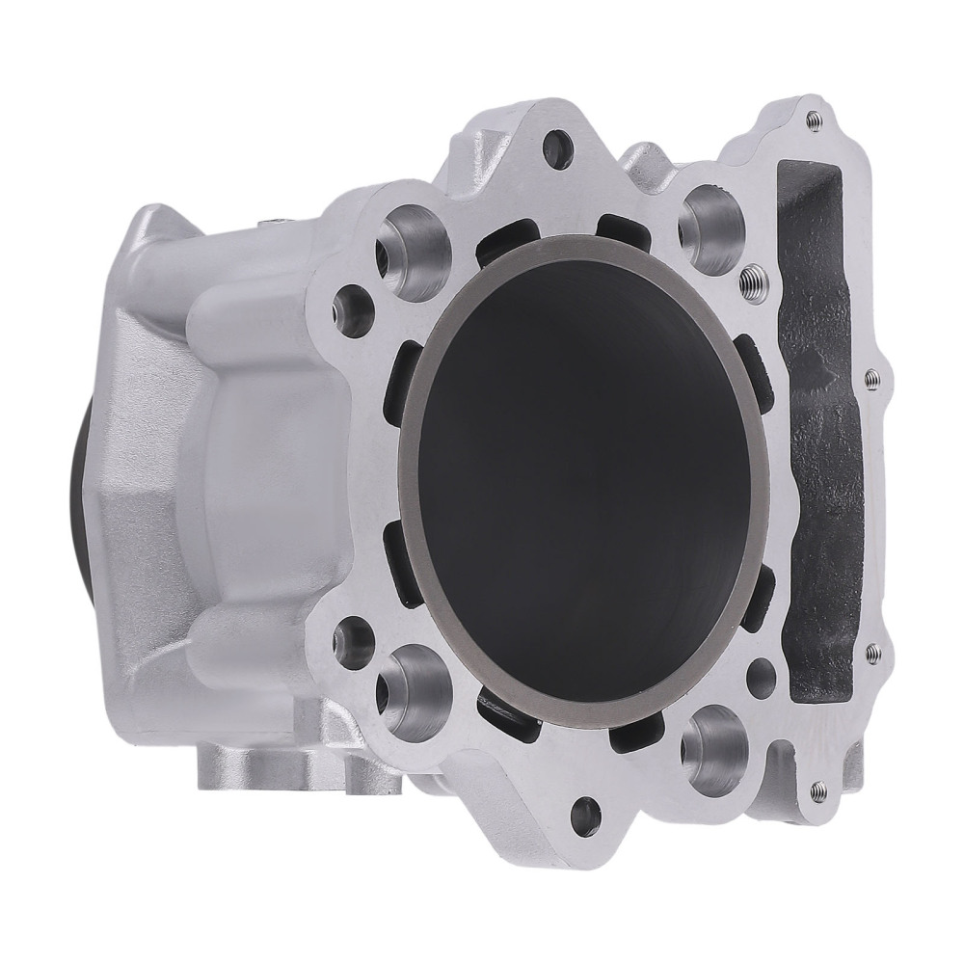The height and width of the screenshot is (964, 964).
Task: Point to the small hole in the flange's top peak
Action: click(556, 146)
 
